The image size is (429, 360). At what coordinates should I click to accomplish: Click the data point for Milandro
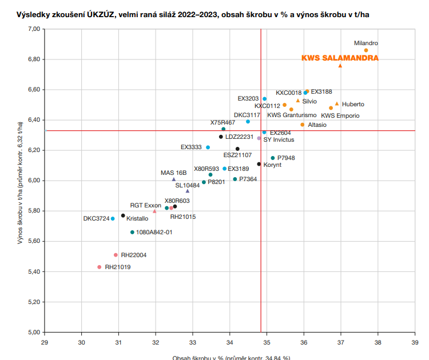(x=366, y=50)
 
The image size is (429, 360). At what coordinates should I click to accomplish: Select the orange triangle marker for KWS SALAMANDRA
(x=340, y=66)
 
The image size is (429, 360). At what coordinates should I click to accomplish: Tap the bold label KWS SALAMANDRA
(x=340, y=58)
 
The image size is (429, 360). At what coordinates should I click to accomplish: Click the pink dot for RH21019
(x=100, y=267)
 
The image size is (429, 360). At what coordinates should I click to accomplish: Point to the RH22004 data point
(x=116, y=255)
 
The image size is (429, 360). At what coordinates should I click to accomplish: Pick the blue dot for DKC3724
(x=113, y=218)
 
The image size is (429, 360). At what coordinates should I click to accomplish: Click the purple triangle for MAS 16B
(x=174, y=179)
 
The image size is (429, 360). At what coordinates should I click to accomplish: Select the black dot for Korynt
(x=259, y=164)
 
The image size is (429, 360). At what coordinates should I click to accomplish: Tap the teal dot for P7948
(x=273, y=158)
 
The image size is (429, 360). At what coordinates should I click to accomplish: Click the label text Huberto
(x=353, y=104)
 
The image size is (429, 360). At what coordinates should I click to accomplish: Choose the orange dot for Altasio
(x=303, y=125)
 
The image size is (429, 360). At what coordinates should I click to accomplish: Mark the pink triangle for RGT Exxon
(x=154, y=211)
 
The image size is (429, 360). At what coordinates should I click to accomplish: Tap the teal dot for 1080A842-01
(x=132, y=232)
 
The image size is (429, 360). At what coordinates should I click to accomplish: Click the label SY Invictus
(x=283, y=139)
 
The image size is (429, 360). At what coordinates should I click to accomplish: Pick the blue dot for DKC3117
(x=248, y=121)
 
